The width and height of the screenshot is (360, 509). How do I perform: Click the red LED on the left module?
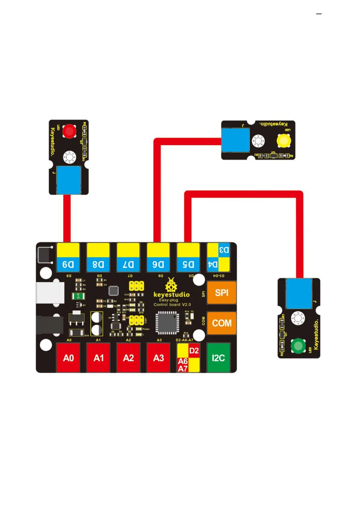69,131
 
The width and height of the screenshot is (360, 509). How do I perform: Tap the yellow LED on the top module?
284,141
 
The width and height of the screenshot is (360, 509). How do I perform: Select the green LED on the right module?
298,346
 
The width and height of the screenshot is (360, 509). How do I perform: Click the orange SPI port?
222,293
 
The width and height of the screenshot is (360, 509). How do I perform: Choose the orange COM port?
222,323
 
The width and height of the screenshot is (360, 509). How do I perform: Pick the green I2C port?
218,358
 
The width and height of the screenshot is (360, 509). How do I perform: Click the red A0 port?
68,358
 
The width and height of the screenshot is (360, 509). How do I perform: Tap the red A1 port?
99,358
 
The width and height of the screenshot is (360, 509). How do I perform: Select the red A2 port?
128,358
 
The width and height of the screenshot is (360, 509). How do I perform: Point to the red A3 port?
158,358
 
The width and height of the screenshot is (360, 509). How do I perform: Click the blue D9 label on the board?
68,264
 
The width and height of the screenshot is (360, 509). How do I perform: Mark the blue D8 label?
98,264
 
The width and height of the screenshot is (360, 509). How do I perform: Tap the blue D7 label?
128,264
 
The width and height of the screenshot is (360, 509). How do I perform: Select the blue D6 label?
158,264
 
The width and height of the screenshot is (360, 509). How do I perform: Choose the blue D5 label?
188,264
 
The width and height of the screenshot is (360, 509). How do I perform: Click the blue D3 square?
224,250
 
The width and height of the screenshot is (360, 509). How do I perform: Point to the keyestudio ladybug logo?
171,285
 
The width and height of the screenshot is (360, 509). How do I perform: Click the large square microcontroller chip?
167,323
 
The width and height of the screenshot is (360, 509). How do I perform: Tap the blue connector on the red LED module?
69,180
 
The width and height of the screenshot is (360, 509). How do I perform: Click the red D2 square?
194,351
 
